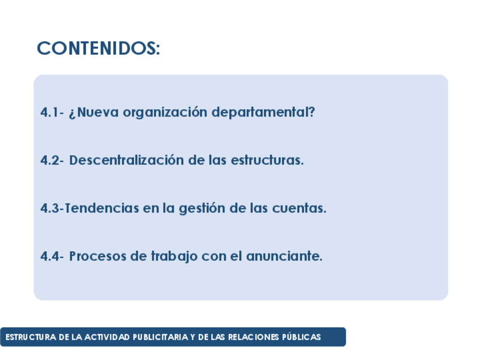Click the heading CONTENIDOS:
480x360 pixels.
coord(98,48)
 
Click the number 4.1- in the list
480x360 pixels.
coord(52,112)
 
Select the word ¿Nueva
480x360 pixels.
coord(93,113)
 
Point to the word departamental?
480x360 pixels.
coord(263,112)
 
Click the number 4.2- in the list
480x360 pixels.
coord(52,160)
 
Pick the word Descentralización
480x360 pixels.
coord(126,160)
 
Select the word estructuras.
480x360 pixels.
coord(267,160)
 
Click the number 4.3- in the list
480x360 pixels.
coord(52,208)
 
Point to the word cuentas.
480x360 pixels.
coord(299,208)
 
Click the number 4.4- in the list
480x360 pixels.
coord(52,256)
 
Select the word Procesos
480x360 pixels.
coord(98,256)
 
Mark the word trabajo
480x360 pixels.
coord(174,257)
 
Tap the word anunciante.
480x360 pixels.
coord(284,256)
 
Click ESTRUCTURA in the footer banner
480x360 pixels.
coord(31,337)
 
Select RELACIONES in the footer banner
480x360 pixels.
coord(253,337)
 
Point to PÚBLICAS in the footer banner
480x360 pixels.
coord(301,337)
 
